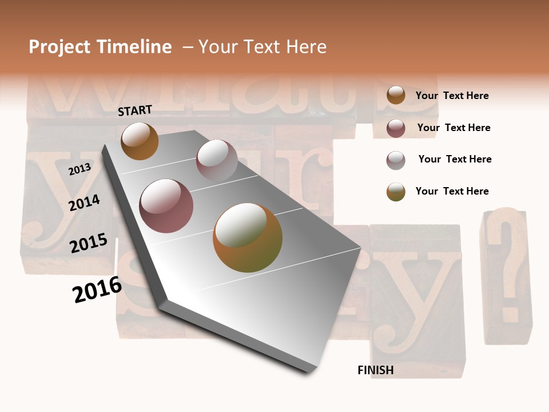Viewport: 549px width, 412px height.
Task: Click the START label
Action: (135, 110)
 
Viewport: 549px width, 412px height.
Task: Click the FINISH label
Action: (376, 370)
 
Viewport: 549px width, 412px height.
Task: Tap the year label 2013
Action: (79, 169)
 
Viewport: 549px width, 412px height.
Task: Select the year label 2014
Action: (85, 203)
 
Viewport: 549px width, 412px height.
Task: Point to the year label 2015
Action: (89, 243)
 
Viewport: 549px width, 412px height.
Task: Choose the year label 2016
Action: (97, 289)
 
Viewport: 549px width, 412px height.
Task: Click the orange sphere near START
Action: (140, 141)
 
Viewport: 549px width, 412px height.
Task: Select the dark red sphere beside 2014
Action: (166, 206)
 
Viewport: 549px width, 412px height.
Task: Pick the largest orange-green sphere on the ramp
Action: (248, 237)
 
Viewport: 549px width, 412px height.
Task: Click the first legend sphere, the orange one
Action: (396, 95)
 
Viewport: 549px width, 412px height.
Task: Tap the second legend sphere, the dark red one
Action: (396, 128)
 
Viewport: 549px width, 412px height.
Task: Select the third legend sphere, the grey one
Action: (396, 160)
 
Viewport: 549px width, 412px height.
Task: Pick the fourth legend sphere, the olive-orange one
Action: (396, 192)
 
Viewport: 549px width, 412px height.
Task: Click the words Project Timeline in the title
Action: (100, 47)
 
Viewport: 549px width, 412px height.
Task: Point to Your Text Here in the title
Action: (262, 47)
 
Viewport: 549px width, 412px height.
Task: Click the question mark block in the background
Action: (506, 275)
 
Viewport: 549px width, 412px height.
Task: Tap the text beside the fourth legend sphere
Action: (452, 191)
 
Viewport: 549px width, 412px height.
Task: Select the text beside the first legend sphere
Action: (452, 96)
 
